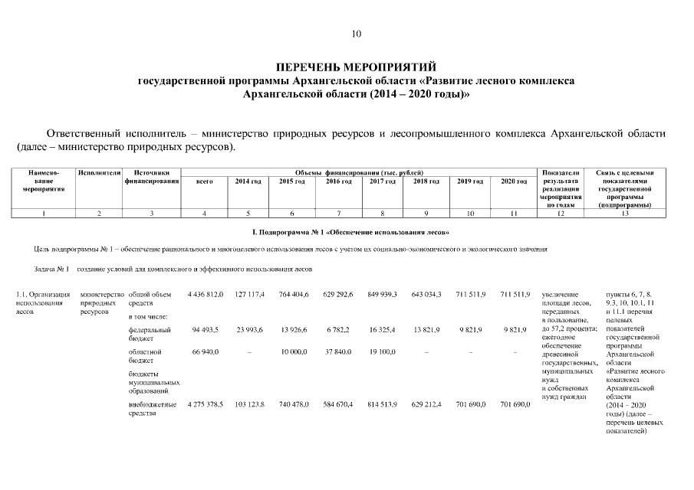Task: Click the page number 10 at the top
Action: [356, 34]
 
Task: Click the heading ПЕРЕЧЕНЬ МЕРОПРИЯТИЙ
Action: [356, 67]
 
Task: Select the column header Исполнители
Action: [100, 173]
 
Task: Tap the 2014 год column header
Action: [248, 181]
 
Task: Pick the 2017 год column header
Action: [382, 181]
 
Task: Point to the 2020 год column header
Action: [514, 181]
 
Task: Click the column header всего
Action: [204, 181]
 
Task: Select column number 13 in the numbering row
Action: [625, 213]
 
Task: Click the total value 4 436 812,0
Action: [205, 294]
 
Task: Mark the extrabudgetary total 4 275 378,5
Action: [205, 403]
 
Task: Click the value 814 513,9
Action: [382, 403]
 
